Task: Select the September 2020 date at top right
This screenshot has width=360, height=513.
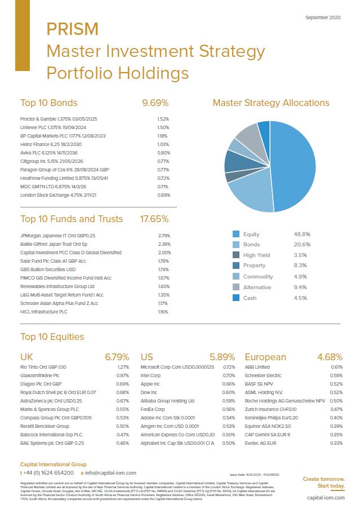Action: coord(323,17)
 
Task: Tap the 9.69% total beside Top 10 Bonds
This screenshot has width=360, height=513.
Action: coord(155,103)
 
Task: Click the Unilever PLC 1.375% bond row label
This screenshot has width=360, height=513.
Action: coord(51,127)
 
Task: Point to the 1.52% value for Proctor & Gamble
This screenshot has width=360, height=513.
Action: coord(163,119)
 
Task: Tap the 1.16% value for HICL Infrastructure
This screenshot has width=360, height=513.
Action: coord(163,312)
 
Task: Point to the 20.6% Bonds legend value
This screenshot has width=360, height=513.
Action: coord(301,245)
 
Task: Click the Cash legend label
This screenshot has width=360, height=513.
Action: coord(250,298)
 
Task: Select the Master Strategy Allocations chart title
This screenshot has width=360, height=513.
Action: coord(270,103)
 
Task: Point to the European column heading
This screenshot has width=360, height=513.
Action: coord(265,357)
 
